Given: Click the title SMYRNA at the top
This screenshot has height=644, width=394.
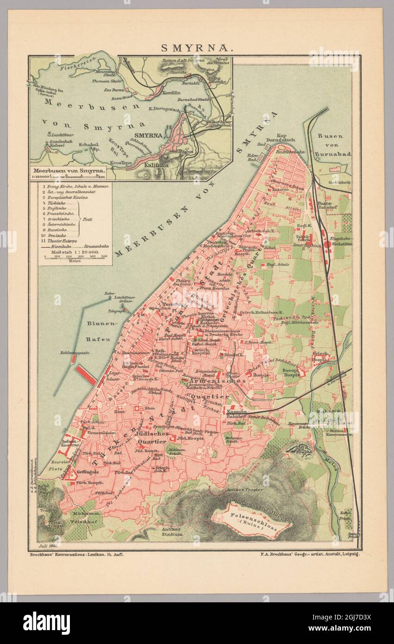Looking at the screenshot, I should [196, 47].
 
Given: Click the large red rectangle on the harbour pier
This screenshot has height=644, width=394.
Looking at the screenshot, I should [86, 374].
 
